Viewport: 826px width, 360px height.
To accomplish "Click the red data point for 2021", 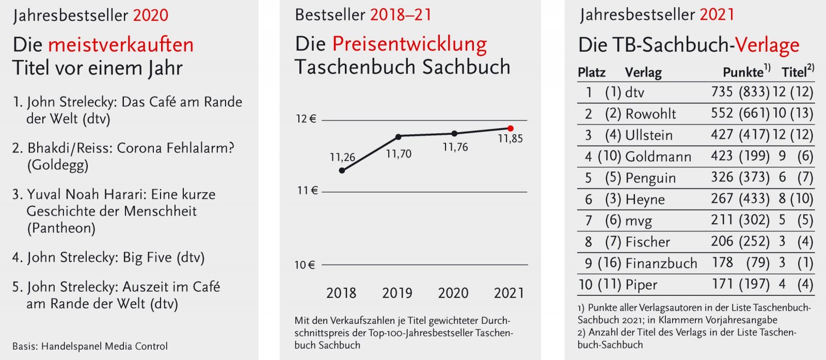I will pos(511,128).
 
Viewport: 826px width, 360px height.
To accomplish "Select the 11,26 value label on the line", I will pos(342,157).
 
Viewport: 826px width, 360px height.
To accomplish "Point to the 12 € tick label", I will pos(306,119).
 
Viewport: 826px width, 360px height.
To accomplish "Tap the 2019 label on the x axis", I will pos(397,293).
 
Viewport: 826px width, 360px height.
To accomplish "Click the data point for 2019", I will pos(398,136).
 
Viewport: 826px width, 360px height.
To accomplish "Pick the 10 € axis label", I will pos(305,265).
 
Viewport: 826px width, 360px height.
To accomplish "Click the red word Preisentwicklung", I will pos(409,44).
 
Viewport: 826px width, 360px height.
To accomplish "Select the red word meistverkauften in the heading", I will pos(121,45).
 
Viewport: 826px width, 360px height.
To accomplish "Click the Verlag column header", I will pos(643,72).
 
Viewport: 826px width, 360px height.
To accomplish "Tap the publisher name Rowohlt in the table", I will pos(650,114).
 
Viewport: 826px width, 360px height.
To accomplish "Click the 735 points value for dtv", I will pos(722,92).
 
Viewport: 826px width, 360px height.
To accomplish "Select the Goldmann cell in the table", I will pos(658,156).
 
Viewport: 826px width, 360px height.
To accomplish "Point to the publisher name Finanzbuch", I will pos(661,263).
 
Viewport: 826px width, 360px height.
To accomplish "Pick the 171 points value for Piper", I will pos(722,284).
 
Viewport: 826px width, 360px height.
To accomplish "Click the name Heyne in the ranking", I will pos(645,199).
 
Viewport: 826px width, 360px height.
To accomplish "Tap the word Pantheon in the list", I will pos(61,228).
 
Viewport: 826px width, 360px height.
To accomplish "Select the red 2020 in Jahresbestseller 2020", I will pos(151,15).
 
